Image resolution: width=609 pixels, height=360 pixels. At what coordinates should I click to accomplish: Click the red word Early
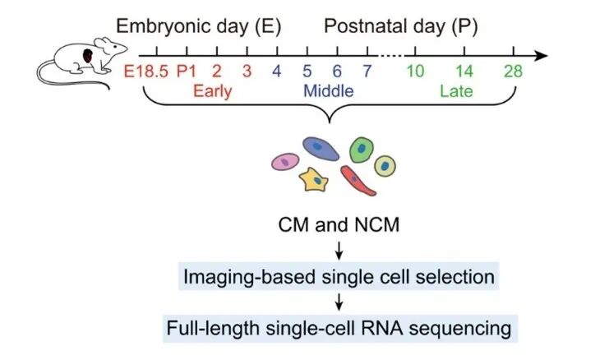pos(213,91)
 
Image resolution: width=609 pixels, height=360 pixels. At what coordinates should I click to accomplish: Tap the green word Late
pos(456,91)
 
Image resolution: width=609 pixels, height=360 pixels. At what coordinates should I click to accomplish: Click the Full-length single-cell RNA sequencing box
pos(339,329)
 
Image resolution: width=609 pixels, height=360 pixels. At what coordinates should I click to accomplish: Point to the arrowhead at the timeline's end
pos(542,56)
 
